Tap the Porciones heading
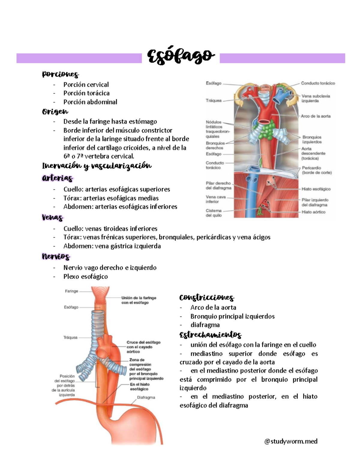60,74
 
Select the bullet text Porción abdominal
90,102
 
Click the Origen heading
55,112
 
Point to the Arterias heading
57,178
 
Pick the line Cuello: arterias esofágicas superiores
116,189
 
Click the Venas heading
52,217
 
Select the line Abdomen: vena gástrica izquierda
112,246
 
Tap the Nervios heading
56,257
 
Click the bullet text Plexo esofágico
85,276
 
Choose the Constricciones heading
206,297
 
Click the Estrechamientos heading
210,335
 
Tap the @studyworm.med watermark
291,441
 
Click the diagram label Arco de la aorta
316,116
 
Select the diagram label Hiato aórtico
313,212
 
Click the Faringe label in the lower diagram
71,291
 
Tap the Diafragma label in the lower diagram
146,397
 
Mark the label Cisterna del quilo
214,213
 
